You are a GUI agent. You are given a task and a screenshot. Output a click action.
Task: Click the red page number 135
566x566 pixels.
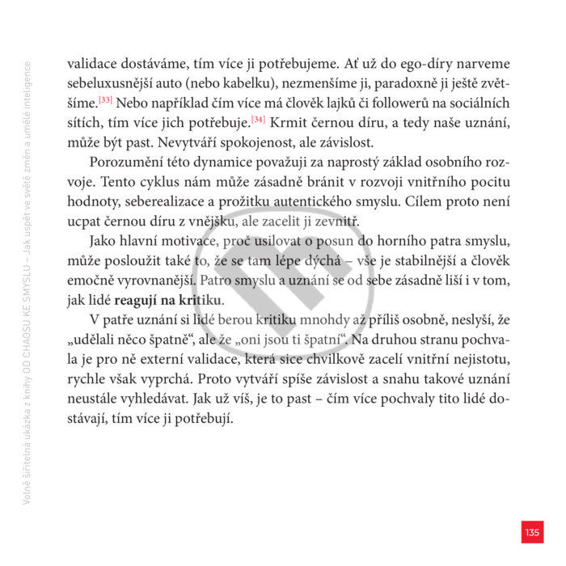[x=531, y=532]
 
